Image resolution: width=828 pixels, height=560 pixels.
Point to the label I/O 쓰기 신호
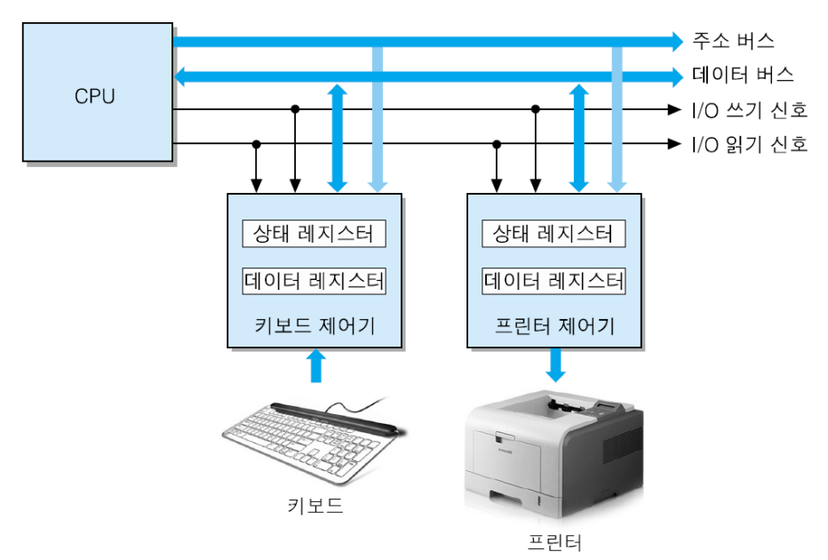[x=750, y=110]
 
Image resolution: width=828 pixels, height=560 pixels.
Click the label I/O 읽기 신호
[x=750, y=144]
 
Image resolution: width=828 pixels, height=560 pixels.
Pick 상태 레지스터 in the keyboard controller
[x=314, y=234]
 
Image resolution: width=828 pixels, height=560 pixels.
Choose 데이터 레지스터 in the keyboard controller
[x=314, y=281]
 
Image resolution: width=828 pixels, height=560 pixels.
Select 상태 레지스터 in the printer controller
[x=553, y=234]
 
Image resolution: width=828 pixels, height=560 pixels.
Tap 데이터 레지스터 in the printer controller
[x=553, y=281]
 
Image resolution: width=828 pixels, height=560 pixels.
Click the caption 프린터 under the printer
[x=553, y=540]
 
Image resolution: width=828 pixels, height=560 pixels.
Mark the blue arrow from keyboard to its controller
[x=314, y=364]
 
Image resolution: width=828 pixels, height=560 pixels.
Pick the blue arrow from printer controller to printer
[x=555, y=363]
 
